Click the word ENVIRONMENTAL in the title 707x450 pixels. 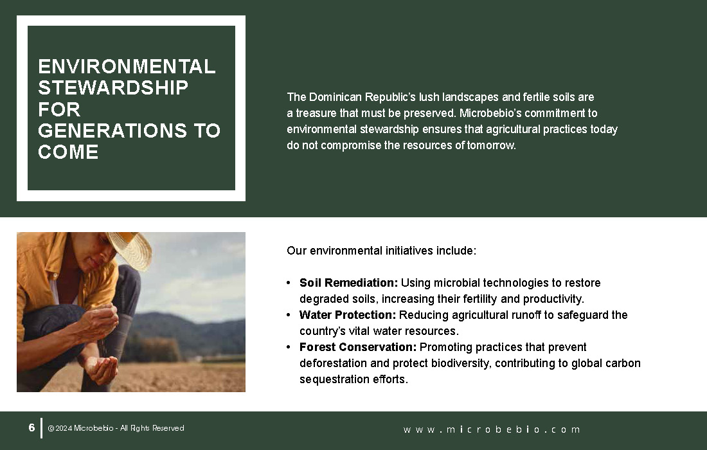click(127, 67)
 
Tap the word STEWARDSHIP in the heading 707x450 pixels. click(113, 88)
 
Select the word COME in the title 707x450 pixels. click(68, 152)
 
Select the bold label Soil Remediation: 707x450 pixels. click(348, 283)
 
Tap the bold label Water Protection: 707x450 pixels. click(348, 315)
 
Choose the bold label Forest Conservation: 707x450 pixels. click(358, 347)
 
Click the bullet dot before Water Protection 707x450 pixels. click(289, 315)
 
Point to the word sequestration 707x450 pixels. click(335, 380)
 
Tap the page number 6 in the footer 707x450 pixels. click(31, 428)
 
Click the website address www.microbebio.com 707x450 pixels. click(492, 429)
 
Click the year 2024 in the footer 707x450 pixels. click(64, 428)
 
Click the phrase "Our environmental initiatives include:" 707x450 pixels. click(381, 251)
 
